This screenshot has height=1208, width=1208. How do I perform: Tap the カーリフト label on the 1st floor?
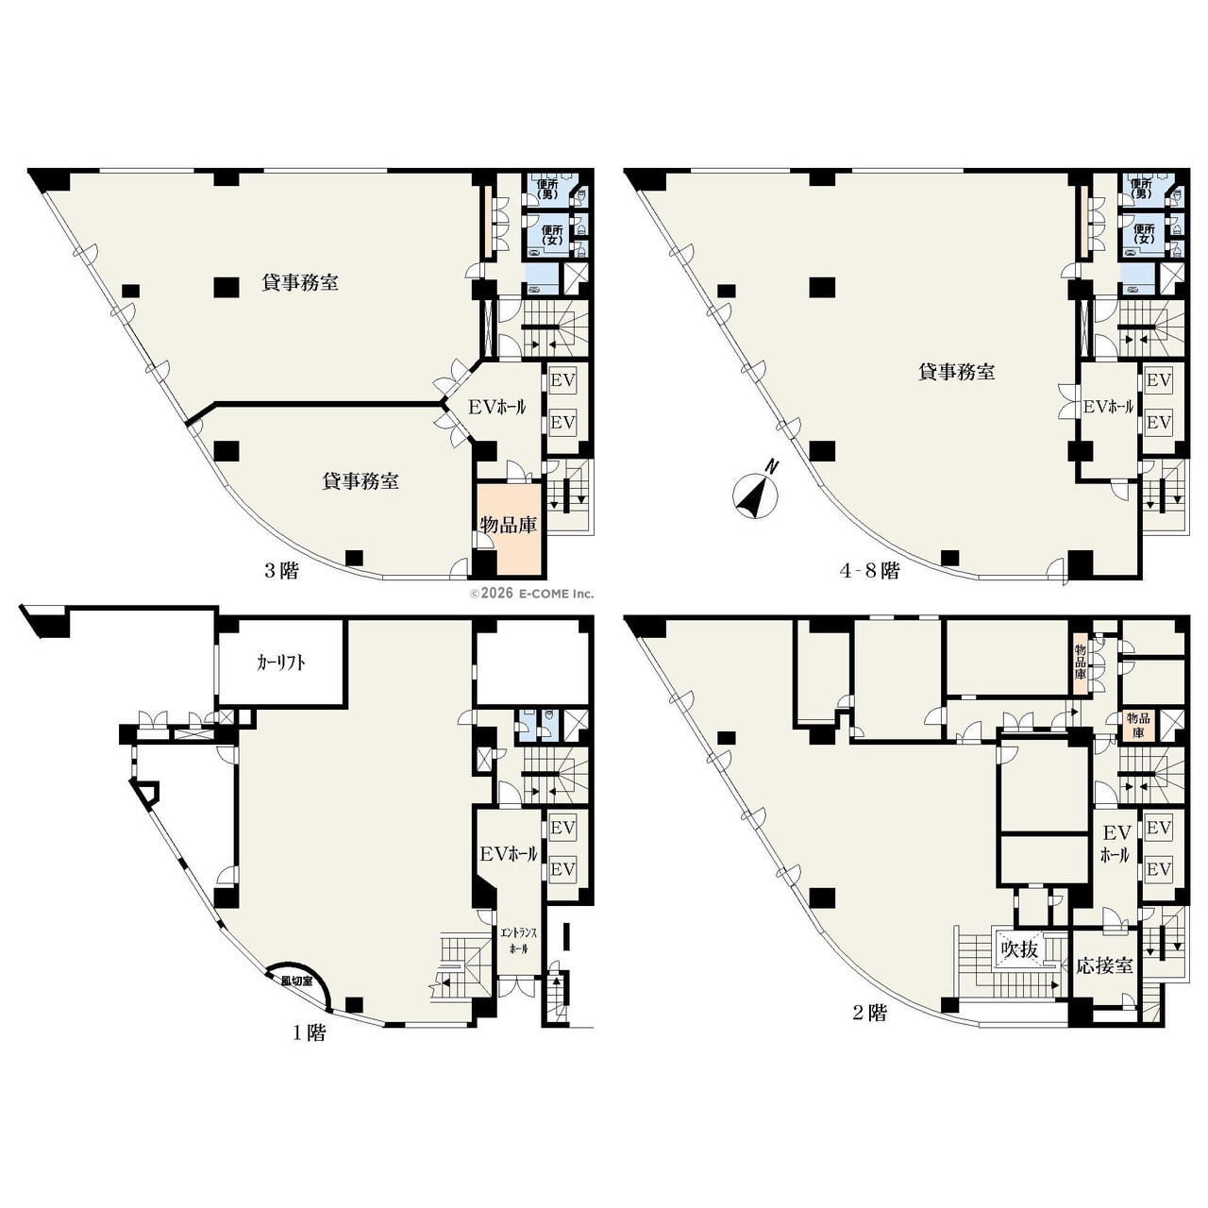(280, 663)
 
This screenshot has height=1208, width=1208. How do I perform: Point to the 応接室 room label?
(1104, 966)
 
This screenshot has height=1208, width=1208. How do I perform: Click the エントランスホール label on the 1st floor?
(518, 940)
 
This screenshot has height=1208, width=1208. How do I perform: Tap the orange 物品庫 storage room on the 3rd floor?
(509, 528)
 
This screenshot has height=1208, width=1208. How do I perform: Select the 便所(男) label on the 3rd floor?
(548, 189)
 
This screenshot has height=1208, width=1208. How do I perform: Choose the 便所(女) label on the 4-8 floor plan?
(1144, 234)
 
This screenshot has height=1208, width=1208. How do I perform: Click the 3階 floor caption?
(280, 571)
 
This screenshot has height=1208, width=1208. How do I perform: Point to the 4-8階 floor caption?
(869, 571)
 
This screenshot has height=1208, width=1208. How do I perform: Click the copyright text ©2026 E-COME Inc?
(531, 593)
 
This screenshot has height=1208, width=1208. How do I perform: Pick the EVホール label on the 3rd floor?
(496, 407)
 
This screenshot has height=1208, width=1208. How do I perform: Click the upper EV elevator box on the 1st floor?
(562, 828)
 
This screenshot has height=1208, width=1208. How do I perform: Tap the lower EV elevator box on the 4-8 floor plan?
(1158, 423)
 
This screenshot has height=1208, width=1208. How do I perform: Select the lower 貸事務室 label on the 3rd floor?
(361, 481)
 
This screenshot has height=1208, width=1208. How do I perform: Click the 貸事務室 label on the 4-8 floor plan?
(956, 373)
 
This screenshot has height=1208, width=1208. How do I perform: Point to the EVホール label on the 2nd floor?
(1116, 844)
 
